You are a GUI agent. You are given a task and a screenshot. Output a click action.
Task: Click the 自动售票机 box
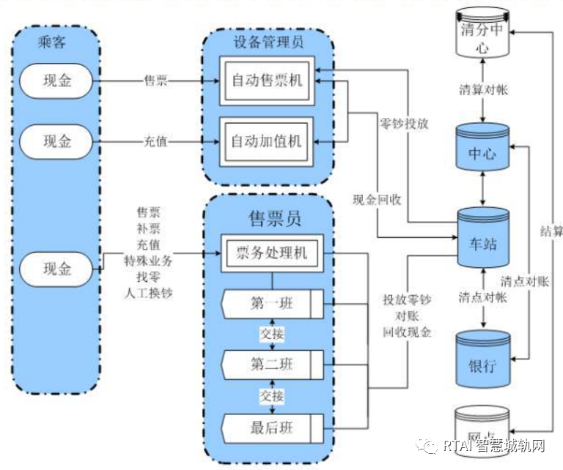coord(268,81)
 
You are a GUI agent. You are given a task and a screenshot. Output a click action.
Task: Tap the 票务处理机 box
coord(272,254)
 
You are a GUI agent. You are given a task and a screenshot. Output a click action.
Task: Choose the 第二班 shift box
coord(273,363)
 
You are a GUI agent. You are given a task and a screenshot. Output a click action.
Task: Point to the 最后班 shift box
coord(273,427)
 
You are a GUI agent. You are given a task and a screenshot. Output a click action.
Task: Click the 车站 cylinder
coord(483,242)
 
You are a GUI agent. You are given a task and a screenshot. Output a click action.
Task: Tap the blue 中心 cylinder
coord(483,152)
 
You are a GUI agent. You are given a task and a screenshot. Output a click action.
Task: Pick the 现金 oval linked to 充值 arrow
coord(56,141)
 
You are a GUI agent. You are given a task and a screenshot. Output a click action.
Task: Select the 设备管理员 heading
coord(268,42)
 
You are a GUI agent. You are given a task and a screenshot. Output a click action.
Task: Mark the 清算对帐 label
coord(483,90)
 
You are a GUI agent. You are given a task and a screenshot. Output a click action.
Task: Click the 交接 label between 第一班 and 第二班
coord(272,333)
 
